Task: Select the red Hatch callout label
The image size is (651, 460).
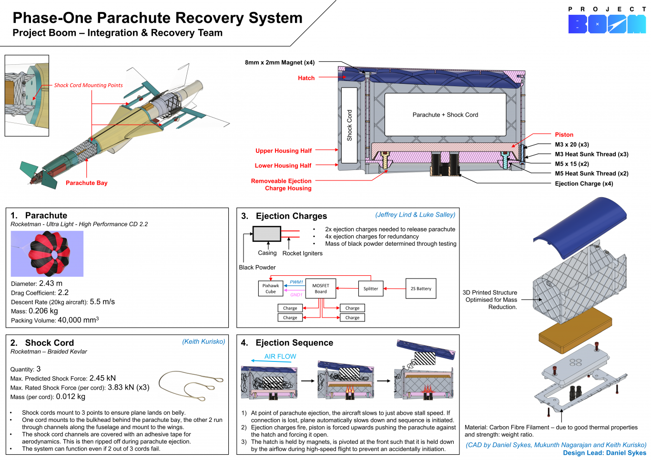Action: (306, 78)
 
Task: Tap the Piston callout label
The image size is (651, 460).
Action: (564, 135)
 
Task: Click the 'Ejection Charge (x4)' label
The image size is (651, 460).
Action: (584, 184)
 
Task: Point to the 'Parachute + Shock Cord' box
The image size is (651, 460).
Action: (445, 115)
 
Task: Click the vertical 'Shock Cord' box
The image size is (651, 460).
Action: (349, 125)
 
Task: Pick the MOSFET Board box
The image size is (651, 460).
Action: (321, 289)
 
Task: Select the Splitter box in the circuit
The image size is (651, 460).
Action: (371, 289)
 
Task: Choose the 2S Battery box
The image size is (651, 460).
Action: (421, 289)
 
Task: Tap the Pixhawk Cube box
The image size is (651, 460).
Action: (271, 289)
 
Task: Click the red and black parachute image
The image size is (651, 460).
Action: (47, 254)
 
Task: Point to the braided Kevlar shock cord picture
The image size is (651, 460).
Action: (191, 385)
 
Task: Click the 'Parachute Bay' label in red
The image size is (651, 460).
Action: (86, 183)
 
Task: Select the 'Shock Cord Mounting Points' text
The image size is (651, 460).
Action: (88, 86)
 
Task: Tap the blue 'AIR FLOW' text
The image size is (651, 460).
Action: (280, 357)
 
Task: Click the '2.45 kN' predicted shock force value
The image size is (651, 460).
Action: (102, 378)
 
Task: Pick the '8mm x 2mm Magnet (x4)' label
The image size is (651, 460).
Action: (280, 62)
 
